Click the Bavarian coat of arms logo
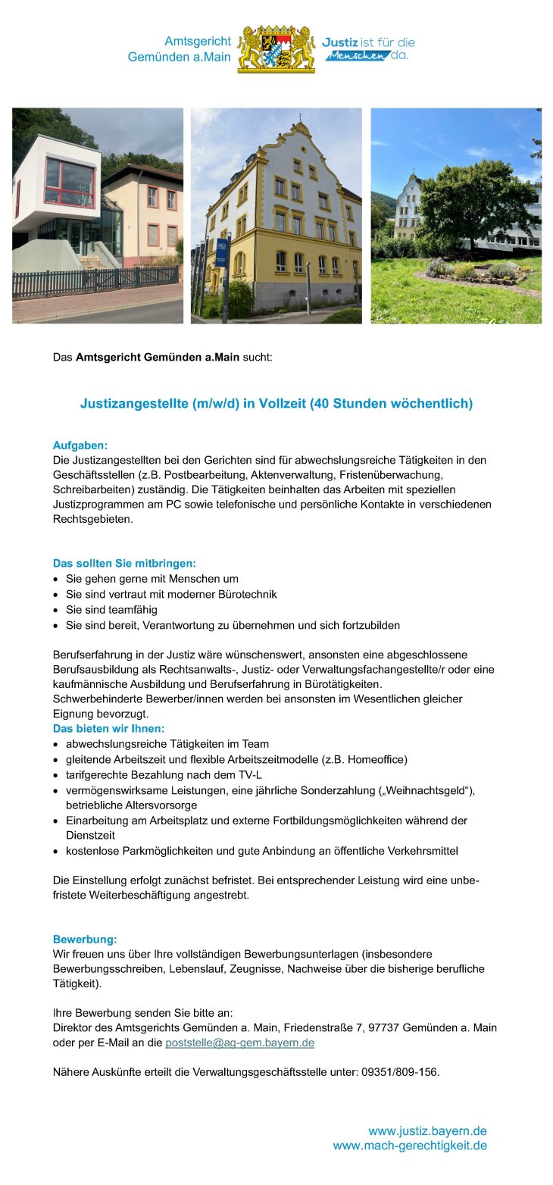(x=276, y=49)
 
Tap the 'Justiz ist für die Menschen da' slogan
(x=368, y=49)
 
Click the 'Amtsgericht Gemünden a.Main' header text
(x=180, y=49)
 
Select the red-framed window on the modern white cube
(x=70, y=183)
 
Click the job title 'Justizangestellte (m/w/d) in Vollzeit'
(x=276, y=404)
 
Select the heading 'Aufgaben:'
(x=80, y=445)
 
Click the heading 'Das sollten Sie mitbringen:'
(x=124, y=564)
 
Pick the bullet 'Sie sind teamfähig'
(x=111, y=609)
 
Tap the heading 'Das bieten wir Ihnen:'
(x=108, y=729)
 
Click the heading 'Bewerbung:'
(x=85, y=940)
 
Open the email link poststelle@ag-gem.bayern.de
(x=239, y=1043)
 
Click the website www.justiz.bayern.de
(x=427, y=1131)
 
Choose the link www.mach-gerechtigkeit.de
(x=410, y=1146)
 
